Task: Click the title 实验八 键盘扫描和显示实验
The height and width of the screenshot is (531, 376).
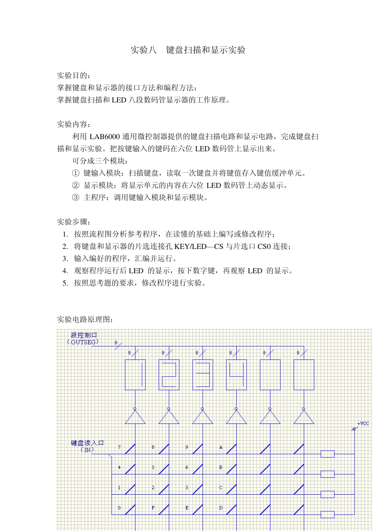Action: click(x=188, y=50)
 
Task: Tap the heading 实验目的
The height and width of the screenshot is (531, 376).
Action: click(x=73, y=75)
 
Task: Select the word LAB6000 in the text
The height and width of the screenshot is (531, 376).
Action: click(x=104, y=137)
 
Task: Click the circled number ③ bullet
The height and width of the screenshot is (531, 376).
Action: click(x=76, y=198)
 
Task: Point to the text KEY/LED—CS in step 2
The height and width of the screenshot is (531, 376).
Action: click(x=199, y=247)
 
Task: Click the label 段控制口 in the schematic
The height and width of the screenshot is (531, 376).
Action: click(x=84, y=335)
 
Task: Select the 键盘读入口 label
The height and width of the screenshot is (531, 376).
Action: click(x=87, y=443)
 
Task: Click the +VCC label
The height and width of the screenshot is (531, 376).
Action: click(x=363, y=424)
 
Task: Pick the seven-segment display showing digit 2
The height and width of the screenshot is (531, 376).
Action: click(x=169, y=375)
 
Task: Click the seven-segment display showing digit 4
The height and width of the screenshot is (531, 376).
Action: click(x=236, y=375)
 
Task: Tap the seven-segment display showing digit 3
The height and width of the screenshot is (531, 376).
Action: click(x=203, y=375)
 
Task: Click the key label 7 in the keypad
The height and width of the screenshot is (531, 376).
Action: click(x=119, y=447)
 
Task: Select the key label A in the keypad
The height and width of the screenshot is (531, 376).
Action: click(x=221, y=447)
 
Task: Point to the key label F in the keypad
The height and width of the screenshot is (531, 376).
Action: click(x=153, y=508)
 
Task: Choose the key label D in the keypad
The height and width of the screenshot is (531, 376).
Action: click(x=221, y=508)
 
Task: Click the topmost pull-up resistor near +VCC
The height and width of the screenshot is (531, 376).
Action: click(x=327, y=454)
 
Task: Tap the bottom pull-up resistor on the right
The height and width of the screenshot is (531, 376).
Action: click(x=327, y=514)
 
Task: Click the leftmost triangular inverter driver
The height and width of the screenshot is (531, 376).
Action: click(x=135, y=417)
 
